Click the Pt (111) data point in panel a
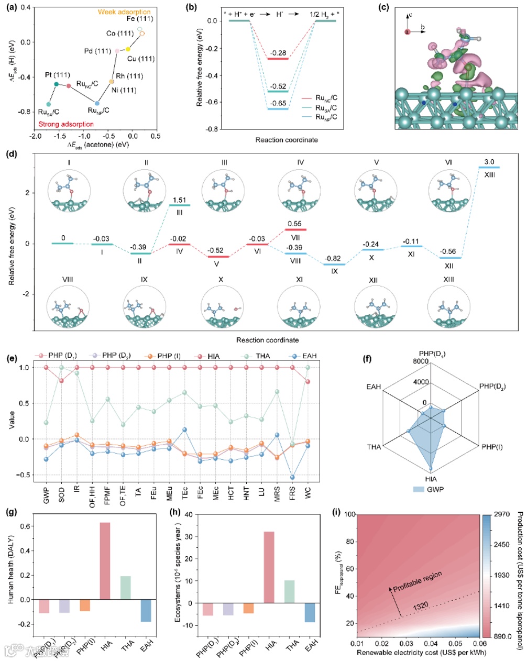tap(57, 84)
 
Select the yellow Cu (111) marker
tap(128, 49)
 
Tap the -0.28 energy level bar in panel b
tap(278, 58)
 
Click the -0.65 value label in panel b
tap(278, 103)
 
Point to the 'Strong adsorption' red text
tap(66, 124)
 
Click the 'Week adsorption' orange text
tap(124, 12)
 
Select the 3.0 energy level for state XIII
tap(489, 167)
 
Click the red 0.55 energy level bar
tap(295, 229)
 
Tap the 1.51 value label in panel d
tap(179, 200)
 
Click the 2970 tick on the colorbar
tap(503, 515)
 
